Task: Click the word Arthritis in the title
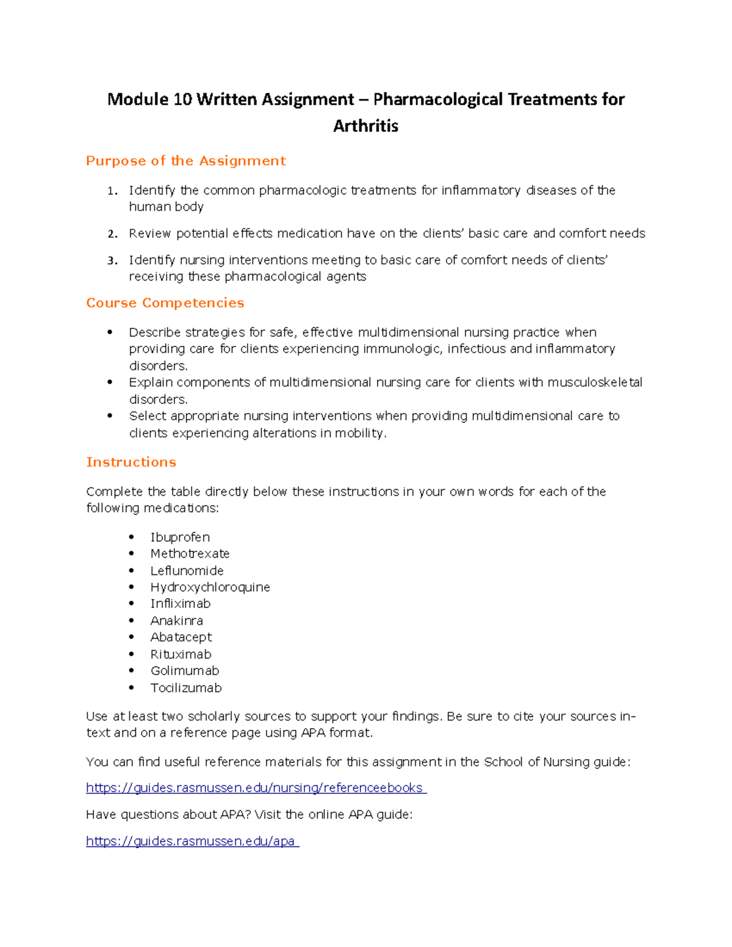(x=365, y=126)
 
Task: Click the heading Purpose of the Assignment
(x=185, y=161)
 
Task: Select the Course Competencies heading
(x=165, y=303)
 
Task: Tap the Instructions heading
(x=131, y=462)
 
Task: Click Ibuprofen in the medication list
(x=180, y=537)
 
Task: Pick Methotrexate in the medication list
(x=190, y=554)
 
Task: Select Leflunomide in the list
(x=187, y=571)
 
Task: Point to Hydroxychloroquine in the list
(x=210, y=587)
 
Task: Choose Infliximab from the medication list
(x=180, y=604)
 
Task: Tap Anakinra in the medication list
(x=176, y=621)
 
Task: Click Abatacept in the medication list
(x=181, y=637)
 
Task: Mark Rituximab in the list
(x=181, y=654)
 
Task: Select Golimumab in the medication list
(x=184, y=671)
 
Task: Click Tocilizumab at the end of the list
(x=186, y=688)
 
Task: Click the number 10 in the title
(x=182, y=99)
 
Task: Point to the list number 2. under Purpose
(x=112, y=234)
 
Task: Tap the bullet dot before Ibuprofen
(x=131, y=537)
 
